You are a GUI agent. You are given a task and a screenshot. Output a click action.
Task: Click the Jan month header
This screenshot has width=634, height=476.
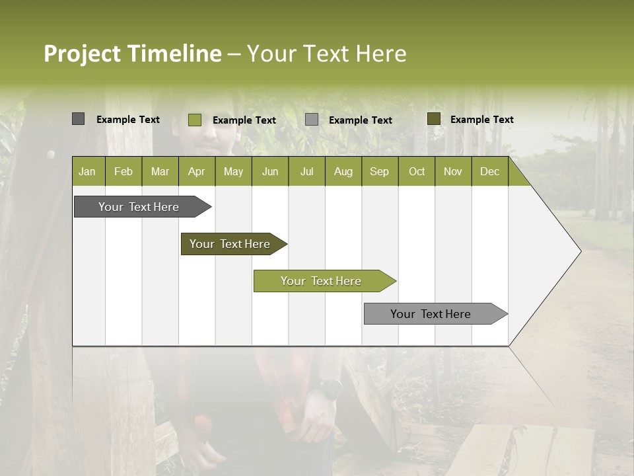[87, 172]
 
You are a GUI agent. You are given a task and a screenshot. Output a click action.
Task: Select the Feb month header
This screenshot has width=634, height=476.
[123, 172]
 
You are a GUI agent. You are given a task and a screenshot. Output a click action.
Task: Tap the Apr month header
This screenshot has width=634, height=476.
[196, 172]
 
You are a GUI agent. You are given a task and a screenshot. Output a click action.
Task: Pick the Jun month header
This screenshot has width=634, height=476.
[270, 172]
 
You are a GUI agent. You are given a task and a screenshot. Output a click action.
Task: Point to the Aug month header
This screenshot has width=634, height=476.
[343, 172]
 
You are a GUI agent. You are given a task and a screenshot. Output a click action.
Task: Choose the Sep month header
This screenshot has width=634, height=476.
[379, 172]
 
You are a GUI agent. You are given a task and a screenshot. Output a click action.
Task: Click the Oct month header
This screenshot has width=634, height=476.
[417, 172]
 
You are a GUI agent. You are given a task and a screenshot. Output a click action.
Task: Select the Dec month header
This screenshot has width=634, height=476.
[489, 172]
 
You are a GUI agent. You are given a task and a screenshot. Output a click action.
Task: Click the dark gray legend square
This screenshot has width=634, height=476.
[78, 119]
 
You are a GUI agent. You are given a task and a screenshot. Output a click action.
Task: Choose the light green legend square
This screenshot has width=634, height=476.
[194, 120]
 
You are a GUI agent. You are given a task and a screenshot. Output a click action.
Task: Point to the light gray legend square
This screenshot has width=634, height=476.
[312, 120]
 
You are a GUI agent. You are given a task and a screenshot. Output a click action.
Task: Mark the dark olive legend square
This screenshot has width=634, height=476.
[433, 119]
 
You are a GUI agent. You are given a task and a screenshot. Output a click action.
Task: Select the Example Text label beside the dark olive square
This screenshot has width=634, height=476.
[481, 120]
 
